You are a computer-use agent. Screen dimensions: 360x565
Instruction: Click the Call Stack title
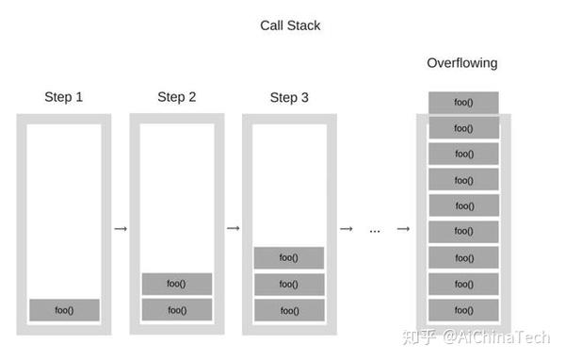tap(290, 25)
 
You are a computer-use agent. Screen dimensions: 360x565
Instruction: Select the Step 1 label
tap(63, 97)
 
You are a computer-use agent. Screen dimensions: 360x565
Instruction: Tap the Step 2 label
tap(176, 97)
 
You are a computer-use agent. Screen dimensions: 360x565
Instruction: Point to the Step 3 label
tap(289, 97)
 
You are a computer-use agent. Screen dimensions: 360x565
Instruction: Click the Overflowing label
tap(462, 63)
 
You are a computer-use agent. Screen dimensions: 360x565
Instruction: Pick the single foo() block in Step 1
tap(64, 309)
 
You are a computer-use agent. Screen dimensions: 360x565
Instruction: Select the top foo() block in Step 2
tap(176, 284)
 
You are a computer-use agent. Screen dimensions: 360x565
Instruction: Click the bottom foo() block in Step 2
tap(176, 309)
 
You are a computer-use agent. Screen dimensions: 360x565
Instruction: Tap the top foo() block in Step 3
tap(289, 257)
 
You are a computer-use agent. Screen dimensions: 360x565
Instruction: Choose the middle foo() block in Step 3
tap(289, 284)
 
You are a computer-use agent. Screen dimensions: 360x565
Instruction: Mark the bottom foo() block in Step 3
tap(289, 309)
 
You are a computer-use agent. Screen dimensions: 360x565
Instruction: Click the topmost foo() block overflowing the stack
tap(462, 102)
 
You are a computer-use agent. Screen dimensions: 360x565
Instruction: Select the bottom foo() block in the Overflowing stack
tap(462, 308)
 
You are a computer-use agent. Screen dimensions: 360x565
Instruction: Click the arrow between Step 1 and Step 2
tap(120, 228)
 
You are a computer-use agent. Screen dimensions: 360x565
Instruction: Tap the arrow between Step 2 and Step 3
tap(233, 228)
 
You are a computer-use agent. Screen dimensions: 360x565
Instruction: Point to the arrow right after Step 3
tap(346, 228)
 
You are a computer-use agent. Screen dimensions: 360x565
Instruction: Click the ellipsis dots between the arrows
tap(374, 230)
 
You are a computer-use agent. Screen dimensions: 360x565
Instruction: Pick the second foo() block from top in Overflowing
tap(462, 128)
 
